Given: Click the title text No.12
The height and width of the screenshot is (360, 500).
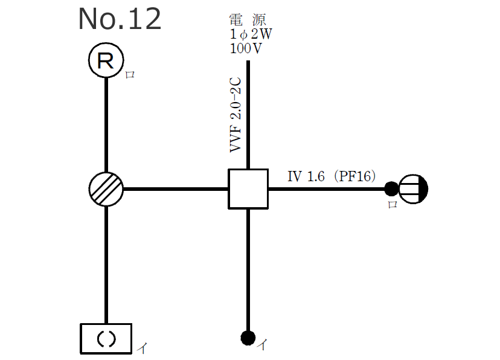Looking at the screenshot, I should (x=120, y=19).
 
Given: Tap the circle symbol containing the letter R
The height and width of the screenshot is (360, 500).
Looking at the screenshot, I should (x=106, y=61).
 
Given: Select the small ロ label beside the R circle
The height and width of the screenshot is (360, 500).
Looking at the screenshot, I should (x=129, y=75).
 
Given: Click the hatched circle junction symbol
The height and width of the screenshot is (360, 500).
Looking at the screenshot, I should (x=106, y=189).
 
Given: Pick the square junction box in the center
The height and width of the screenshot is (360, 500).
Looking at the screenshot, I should (x=248, y=189).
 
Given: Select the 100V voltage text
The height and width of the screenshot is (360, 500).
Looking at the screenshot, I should (x=246, y=49).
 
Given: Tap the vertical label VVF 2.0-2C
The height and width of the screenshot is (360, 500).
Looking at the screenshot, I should (x=236, y=115).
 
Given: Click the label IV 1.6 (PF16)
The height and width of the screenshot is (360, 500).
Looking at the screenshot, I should (x=332, y=176).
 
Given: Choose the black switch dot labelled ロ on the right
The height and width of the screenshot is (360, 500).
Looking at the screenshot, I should (x=391, y=189).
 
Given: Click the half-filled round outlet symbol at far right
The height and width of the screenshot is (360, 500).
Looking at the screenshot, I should (x=414, y=189).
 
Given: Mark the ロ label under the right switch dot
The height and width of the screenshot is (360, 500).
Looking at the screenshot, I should (x=392, y=204).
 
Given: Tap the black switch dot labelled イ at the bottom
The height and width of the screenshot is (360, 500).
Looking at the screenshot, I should (x=248, y=337).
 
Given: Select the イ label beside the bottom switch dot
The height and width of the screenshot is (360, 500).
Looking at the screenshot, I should (x=262, y=345).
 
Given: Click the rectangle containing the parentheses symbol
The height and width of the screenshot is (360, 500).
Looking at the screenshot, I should (x=106, y=338).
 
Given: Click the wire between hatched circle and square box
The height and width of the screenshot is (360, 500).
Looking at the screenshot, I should (x=175, y=189).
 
